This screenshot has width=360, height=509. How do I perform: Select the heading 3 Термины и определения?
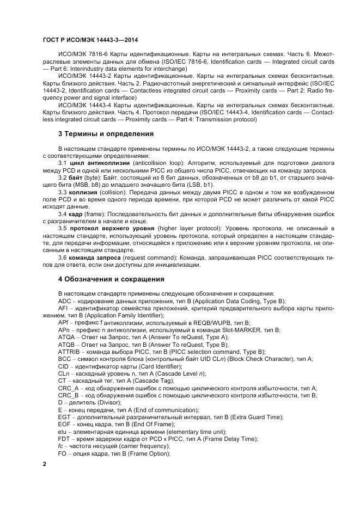click(x=106, y=133)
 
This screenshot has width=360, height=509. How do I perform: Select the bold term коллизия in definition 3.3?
click(x=82, y=192)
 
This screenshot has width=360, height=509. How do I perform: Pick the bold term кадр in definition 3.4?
click(x=75, y=214)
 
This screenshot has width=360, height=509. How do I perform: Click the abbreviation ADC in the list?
click(x=64, y=301)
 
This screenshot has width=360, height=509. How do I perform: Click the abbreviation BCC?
click(x=65, y=359)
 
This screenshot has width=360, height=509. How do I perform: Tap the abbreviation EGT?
click(x=64, y=417)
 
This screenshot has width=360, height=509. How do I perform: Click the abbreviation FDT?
click(x=64, y=439)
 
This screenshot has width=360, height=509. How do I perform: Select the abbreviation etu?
click(x=63, y=432)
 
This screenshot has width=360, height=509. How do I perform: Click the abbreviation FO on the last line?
click(x=63, y=453)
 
